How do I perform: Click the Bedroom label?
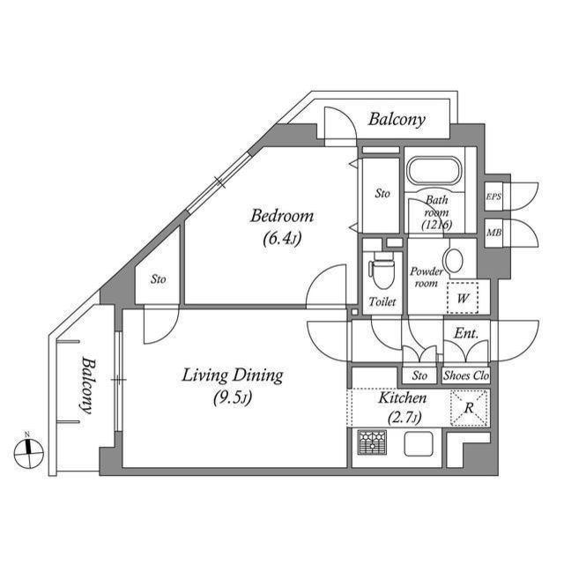tap(282, 216)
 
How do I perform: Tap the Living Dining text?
tap(233, 375)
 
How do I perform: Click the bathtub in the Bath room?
tap(434, 172)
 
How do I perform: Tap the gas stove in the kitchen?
tap(372, 442)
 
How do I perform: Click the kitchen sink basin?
tap(419, 444)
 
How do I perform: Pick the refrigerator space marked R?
tap(470, 408)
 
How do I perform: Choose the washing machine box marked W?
tap(463, 298)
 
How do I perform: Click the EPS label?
tap(493, 197)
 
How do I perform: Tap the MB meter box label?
tap(493, 233)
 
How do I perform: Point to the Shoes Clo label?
tap(466, 375)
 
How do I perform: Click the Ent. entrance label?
tap(466, 333)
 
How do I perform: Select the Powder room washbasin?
tap(453, 261)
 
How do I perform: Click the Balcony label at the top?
tap(397, 120)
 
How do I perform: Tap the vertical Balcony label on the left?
tap(86, 385)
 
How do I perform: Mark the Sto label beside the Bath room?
tap(382, 194)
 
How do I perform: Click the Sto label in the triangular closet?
tap(159, 279)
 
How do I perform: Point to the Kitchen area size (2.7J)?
tap(404, 418)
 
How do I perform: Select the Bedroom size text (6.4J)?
tap(282, 238)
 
